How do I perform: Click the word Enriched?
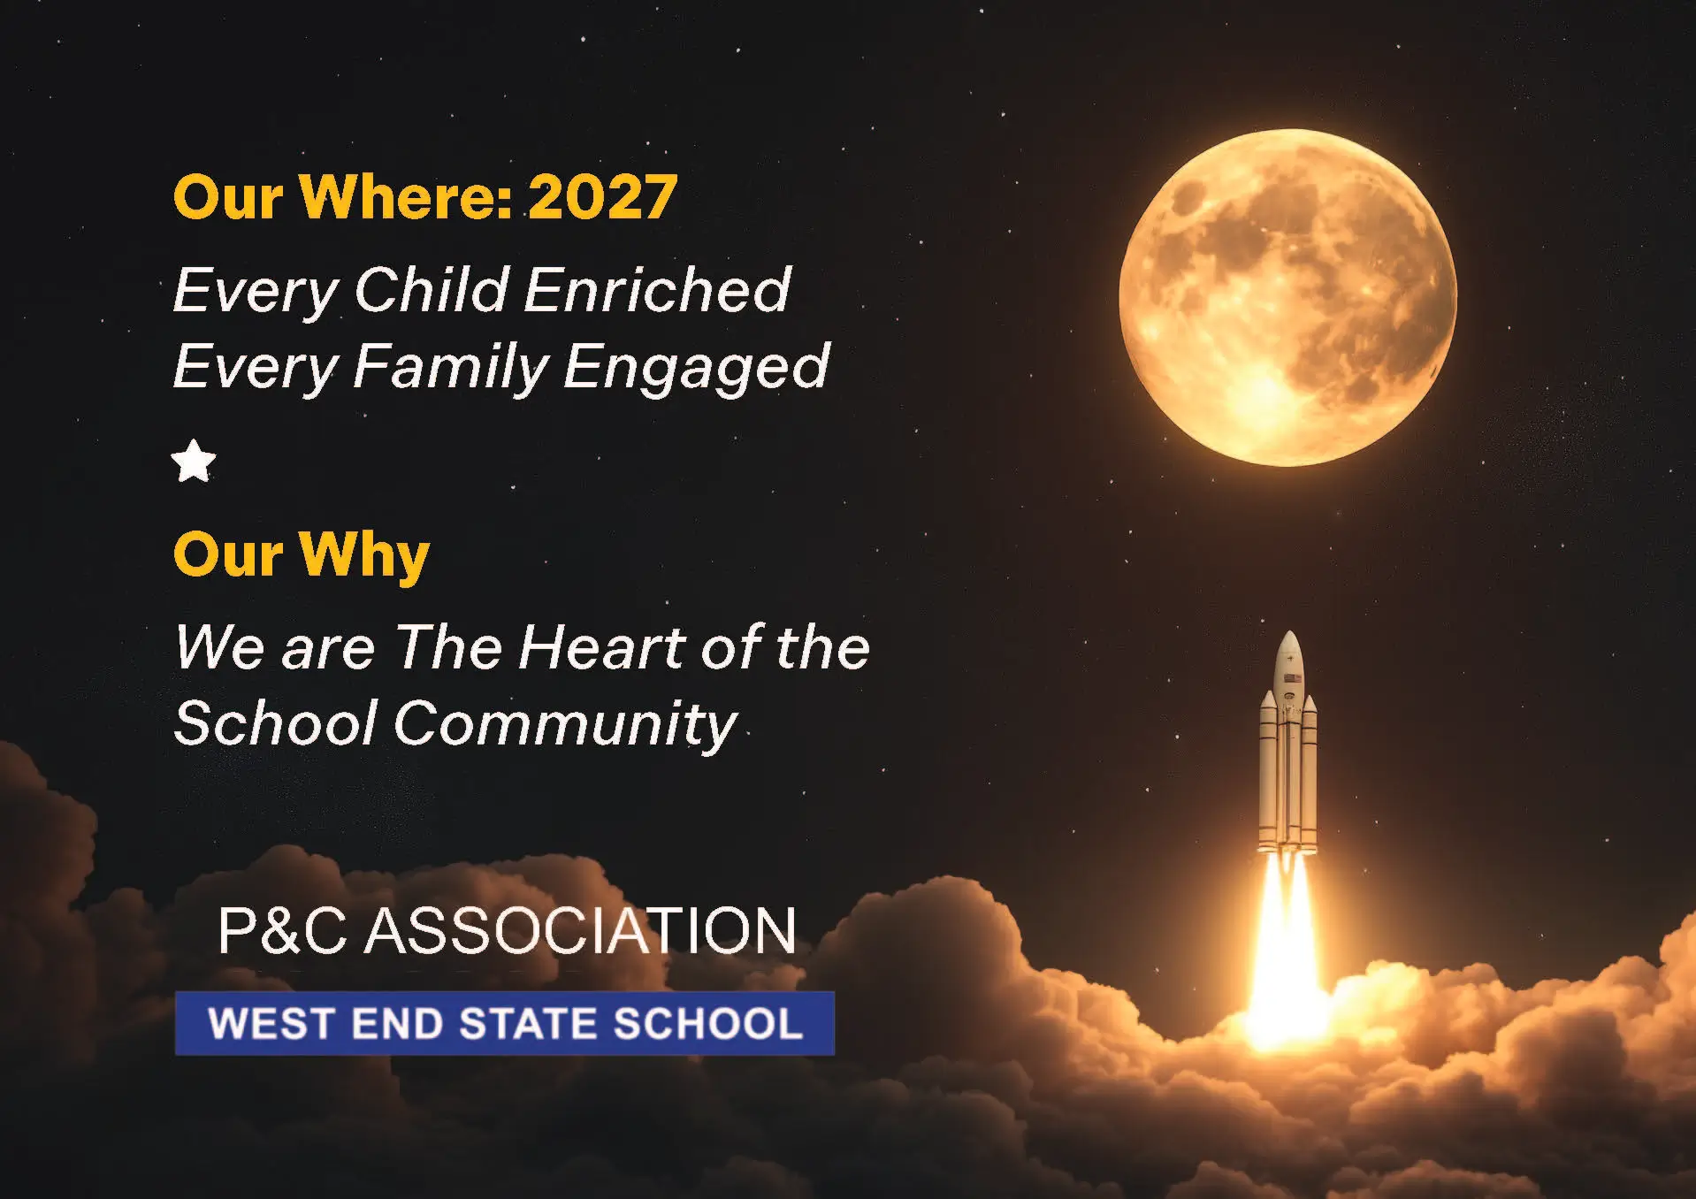click(658, 289)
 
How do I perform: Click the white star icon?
click(194, 462)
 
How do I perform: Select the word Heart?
click(601, 647)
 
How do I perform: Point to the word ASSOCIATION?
click(580, 930)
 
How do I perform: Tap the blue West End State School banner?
click(505, 1023)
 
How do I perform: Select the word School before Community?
click(276, 723)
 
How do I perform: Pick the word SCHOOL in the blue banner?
click(708, 1024)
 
